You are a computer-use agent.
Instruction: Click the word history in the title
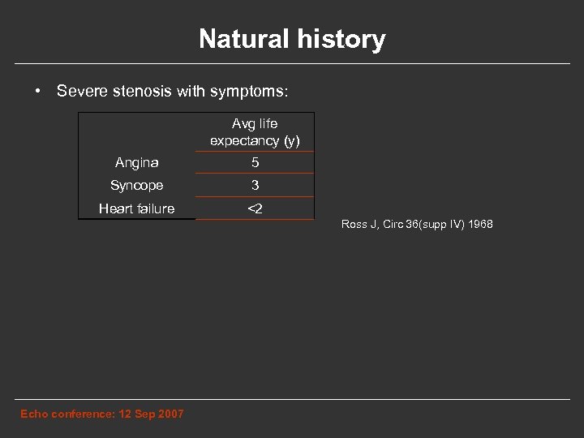pos(341,39)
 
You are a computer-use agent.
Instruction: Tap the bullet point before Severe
pos(38,90)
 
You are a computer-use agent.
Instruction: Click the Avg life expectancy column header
pos(255,132)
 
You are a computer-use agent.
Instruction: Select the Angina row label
pos(136,163)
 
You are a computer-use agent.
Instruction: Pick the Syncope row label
pos(136,186)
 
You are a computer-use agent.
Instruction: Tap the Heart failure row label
pos(136,209)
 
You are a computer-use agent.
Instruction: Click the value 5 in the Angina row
pos(255,163)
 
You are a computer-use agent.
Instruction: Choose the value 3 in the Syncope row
pos(255,186)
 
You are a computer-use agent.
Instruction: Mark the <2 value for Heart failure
pos(255,209)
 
